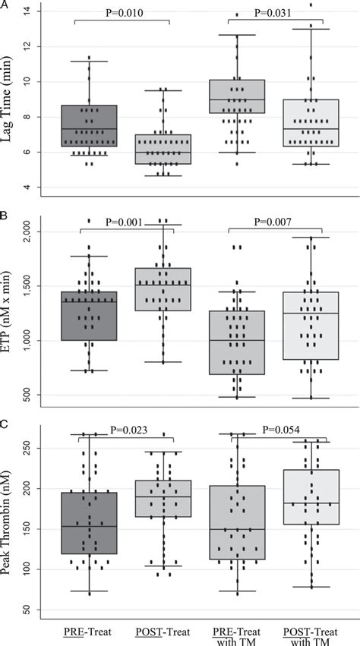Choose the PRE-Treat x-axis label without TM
tap(88, 629)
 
